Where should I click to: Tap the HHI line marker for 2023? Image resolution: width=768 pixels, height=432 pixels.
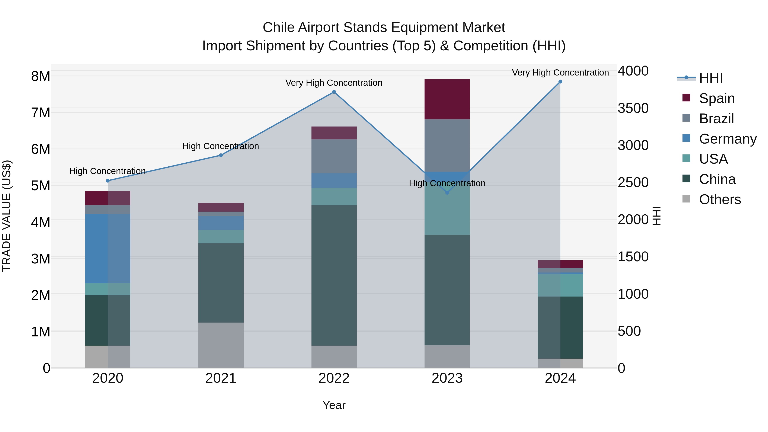(447, 193)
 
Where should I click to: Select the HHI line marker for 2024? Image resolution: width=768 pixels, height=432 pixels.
(560, 82)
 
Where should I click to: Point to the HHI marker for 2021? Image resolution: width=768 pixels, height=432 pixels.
(221, 155)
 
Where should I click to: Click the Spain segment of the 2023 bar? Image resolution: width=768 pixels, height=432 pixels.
(447, 99)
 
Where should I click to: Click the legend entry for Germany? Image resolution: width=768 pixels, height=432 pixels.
(727, 139)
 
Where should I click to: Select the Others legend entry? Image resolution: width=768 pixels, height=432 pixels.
(720, 199)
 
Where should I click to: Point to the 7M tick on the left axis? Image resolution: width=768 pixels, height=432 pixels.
(41, 113)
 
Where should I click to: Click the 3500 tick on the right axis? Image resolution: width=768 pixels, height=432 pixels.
(633, 108)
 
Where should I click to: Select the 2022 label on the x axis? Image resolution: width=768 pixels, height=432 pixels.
(334, 378)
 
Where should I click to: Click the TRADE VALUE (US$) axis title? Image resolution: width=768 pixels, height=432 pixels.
(7, 216)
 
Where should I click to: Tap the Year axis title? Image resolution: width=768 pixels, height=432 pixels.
(334, 405)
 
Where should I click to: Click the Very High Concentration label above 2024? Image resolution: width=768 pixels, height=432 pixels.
(560, 73)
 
